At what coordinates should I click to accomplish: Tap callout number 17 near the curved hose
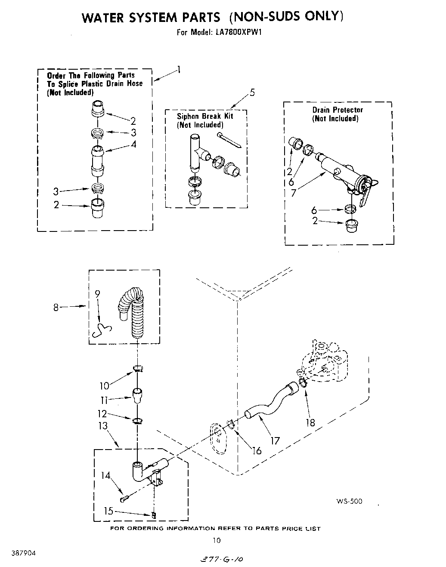pyautogui.click(x=275, y=441)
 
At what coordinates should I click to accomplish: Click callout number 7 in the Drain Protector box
pyautogui.click(x=294, y=193)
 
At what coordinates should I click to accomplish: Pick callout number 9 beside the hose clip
pyautogui.click(x=97, y=294)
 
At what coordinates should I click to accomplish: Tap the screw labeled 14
pyautogui.click(x=124, y=499)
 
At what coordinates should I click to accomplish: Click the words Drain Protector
pyautogui.click(x=338, y=110)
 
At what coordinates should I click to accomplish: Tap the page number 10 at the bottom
pyautogui.click(x=217, y=541)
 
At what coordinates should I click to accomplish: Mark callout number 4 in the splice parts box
pyautogui.click(x=133, y=145)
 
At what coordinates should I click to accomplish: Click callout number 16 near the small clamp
pyautogui.click(x=257, y=450)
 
